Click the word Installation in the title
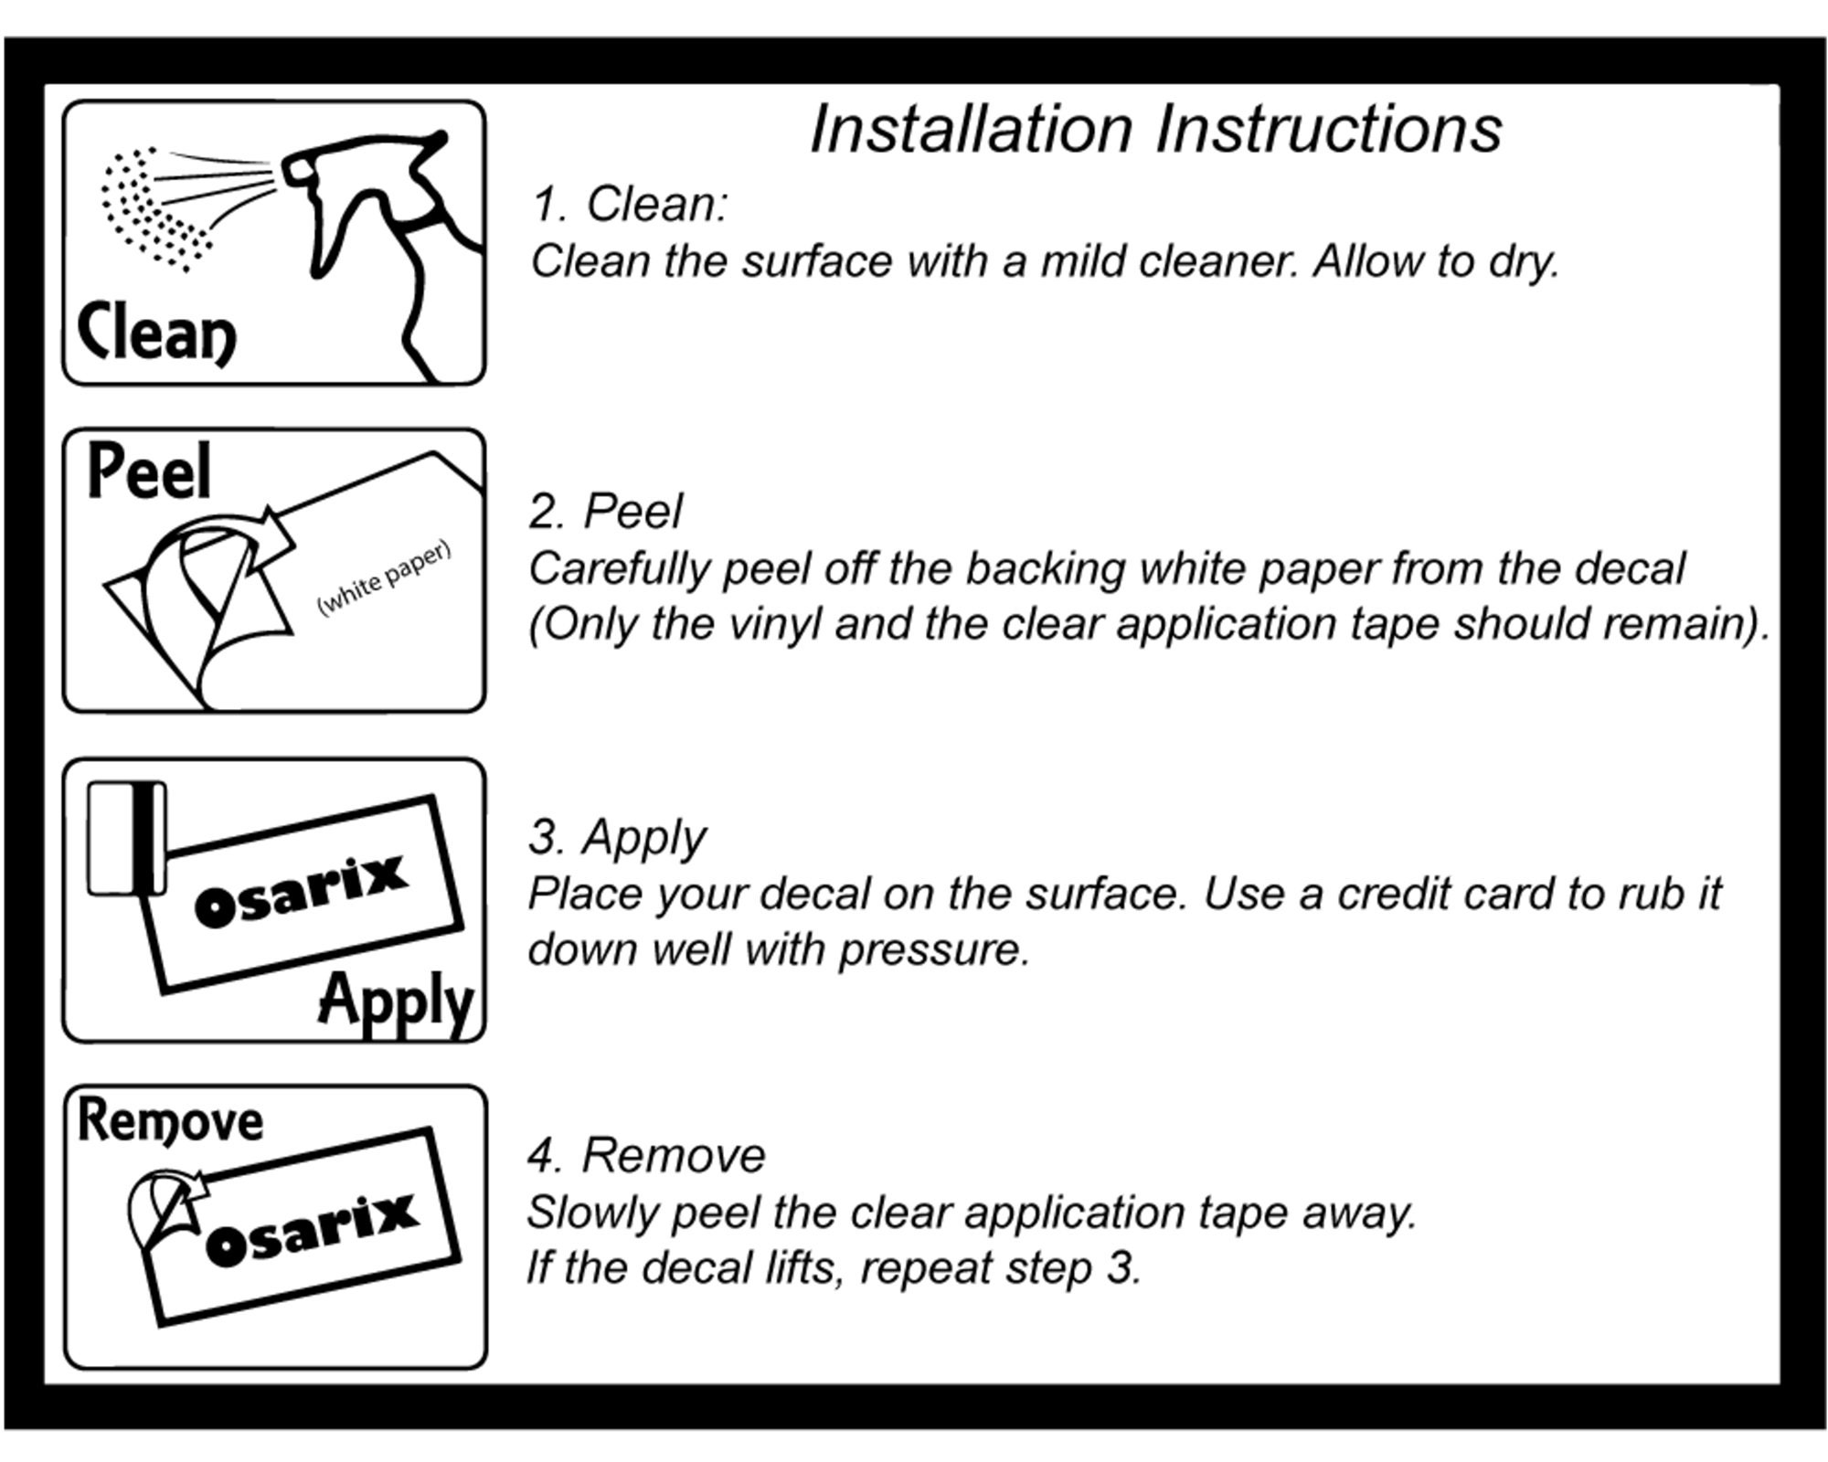tap(972, 129)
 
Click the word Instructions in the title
tap(1329, 129)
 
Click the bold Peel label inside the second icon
tap(149, 471)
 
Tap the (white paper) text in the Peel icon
tap(384, 578)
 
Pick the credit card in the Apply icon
tap(126, 837)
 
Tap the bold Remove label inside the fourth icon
tap(170, 1120)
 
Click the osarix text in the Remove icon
tap(313, 1231)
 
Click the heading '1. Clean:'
tap(630, 204)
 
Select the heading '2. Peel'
tap(606, 512)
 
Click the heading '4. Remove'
tap(646, 1156)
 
